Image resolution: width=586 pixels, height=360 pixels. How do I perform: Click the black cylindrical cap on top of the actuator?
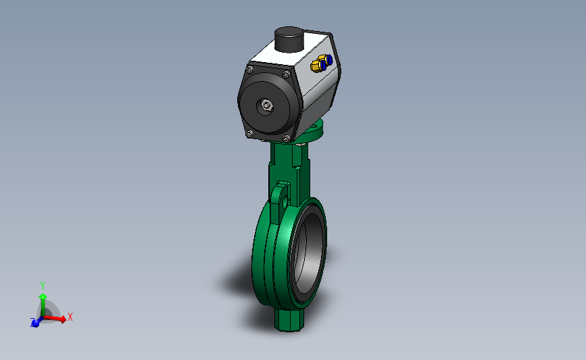289,39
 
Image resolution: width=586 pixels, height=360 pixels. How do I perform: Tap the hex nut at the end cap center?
266,105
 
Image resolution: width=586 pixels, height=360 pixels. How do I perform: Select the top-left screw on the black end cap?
249,70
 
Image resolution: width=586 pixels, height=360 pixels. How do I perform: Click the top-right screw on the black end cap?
287,75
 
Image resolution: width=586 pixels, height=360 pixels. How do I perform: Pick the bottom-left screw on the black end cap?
249,133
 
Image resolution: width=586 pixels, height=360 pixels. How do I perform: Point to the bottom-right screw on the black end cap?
286,138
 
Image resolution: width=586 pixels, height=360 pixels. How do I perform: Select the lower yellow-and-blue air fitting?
318,66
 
